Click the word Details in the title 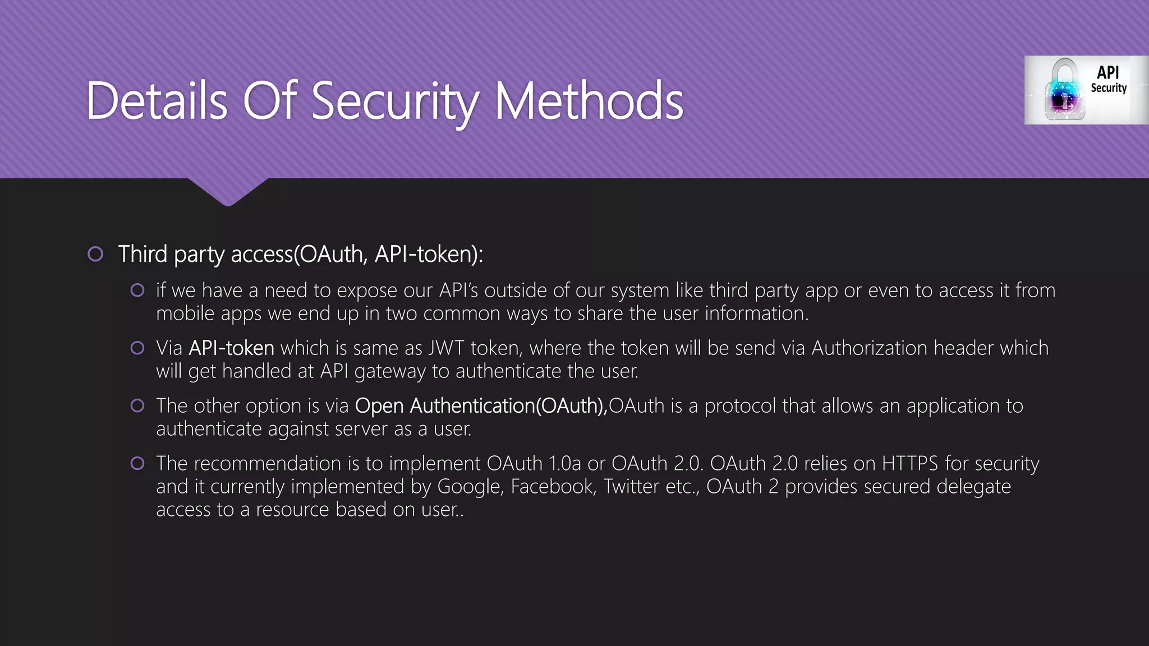click(157, 101)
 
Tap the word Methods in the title click(589, 101)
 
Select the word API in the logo click(1108, 73)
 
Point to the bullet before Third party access click(95, 255)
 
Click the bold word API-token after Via click(231, 348)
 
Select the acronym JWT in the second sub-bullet click(446, 348)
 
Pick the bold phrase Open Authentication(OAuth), click(481, 406)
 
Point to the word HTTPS click(909, 464)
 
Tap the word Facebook click(553, 487)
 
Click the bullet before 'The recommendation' click(137, 464)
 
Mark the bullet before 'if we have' click(137, 290)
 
